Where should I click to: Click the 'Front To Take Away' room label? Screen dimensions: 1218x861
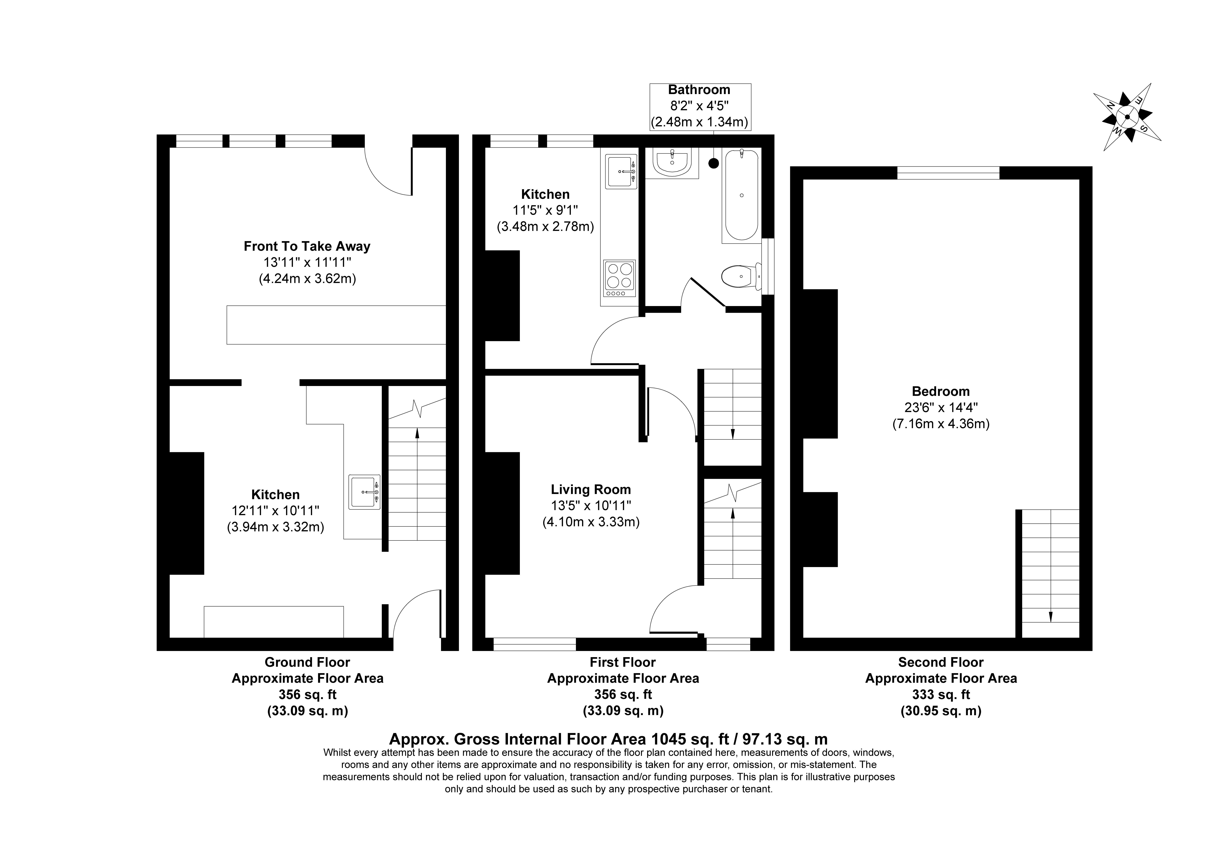tap(307, 246)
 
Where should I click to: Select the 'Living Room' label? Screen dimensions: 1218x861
tap(591, 489)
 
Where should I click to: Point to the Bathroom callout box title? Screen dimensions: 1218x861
tap(699, 90)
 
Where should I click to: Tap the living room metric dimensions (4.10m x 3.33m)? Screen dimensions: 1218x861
tap(591, 522)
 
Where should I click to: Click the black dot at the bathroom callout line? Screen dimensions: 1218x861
tap(714, 164)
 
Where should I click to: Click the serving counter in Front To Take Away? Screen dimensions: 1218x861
tap(336, 325)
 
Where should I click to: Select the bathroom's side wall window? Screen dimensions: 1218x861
tap(768, 266)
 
